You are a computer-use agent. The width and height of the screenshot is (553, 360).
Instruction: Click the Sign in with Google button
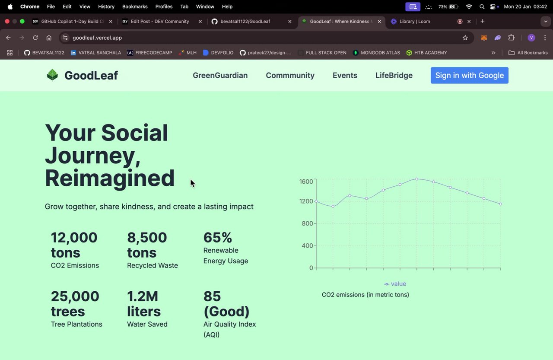(469, 75)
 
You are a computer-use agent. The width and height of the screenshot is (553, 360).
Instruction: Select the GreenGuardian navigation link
(220, 75)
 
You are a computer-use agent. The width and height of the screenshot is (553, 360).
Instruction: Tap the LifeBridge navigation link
(394, 75)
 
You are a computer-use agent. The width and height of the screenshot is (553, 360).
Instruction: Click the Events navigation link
(345, 75)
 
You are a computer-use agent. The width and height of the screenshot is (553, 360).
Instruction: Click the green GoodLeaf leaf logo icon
(52, 75)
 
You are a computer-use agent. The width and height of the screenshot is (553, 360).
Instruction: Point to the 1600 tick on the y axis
(306, 182)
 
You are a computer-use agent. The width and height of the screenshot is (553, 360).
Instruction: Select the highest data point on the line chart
(417, 178)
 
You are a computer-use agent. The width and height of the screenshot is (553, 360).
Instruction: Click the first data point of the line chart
(316, 201)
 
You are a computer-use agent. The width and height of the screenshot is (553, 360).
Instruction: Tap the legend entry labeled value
(395, 284)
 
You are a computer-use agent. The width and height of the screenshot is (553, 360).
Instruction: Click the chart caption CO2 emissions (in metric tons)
(365, 295)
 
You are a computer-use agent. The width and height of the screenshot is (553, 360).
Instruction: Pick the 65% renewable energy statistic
(218, 238)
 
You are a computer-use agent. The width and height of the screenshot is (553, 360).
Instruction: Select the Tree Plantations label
(76, 324)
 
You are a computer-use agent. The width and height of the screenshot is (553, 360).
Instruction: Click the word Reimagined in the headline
(110, 178)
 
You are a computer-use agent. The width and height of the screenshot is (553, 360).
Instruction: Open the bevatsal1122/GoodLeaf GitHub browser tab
(245, 21)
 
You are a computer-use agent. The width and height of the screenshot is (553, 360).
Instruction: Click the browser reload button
(35, 38)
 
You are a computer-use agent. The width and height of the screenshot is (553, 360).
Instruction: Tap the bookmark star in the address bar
(465, 38)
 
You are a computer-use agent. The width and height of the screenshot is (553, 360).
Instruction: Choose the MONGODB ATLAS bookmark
(376, 53)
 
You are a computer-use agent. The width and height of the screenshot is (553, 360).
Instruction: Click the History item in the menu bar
(106, 6)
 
